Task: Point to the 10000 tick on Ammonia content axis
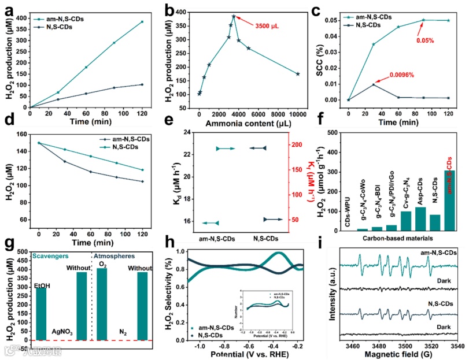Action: pyautogui.click(x=297, y=114)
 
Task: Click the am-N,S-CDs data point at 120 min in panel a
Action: pyautogui.click(x=141, y=22)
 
